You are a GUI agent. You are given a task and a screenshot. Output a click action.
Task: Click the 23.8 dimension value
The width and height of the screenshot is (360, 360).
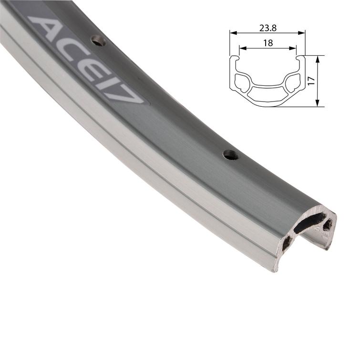267,28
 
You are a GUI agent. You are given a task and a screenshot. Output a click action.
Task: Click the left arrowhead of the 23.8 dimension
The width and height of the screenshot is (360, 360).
232,33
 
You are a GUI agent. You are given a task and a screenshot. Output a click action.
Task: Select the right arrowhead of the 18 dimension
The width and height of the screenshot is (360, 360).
295,48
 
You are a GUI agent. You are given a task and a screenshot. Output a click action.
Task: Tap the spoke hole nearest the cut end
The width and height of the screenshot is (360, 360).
230,154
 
